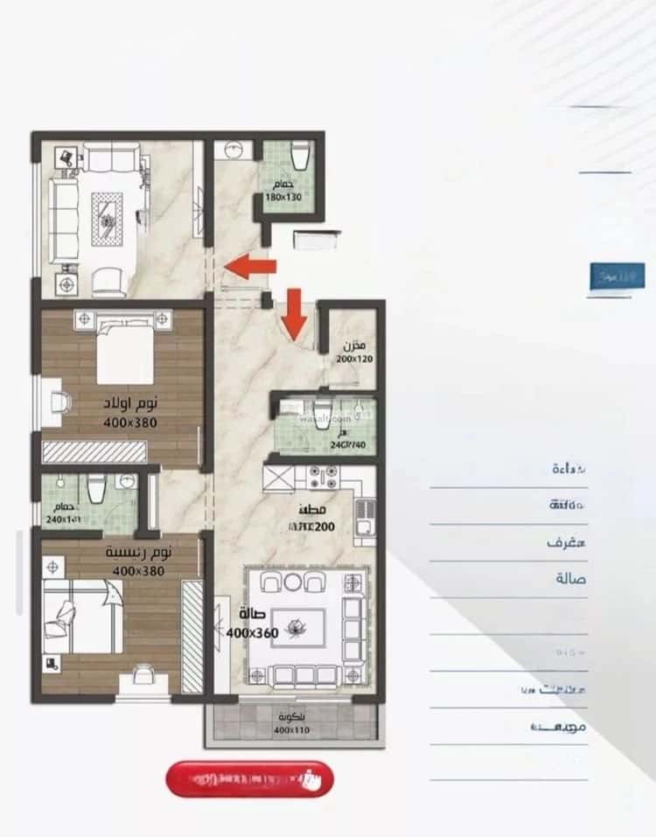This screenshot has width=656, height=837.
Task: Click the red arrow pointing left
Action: click(x=250, y=267)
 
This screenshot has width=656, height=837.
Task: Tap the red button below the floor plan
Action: click(x=249, y=778)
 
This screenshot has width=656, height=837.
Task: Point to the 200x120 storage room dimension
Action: click(x=354, y=359)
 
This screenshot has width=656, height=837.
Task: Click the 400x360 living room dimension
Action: click(x=252, y=631)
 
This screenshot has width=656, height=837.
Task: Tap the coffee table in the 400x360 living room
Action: click(x=298, y=627)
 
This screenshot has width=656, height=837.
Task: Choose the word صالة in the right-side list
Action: click(x=570, y=579)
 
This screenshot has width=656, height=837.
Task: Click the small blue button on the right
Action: click(x=617, y=276)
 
